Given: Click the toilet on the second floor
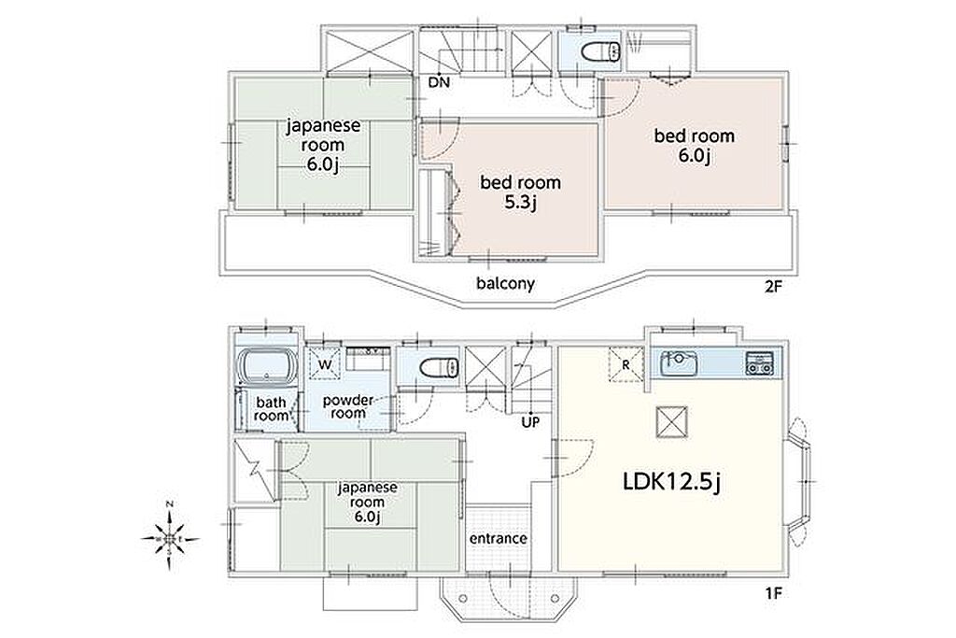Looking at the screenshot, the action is click(601, 51).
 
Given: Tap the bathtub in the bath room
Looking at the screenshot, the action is click(266, 367).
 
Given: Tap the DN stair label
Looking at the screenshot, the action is click(439, 82).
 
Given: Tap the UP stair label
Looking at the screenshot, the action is click(530, 421).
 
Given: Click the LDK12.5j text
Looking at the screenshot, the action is click(672, 482).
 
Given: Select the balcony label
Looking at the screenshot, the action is click(505, 284).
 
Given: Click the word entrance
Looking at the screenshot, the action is click(499, 539).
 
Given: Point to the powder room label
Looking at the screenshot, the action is click(348, 407).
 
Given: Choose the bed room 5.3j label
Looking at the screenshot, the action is click(521, 191).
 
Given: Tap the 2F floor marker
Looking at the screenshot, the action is click(772, 287).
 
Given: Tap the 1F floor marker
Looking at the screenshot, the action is click(772, 593).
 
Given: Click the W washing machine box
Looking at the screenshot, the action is click(325, 364).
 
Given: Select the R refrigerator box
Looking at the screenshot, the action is click(626, 364).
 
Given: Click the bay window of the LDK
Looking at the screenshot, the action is click(799, 481).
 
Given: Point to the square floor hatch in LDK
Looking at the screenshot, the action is click(672, 421).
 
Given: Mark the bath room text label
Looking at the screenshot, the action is click(271, 408).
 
